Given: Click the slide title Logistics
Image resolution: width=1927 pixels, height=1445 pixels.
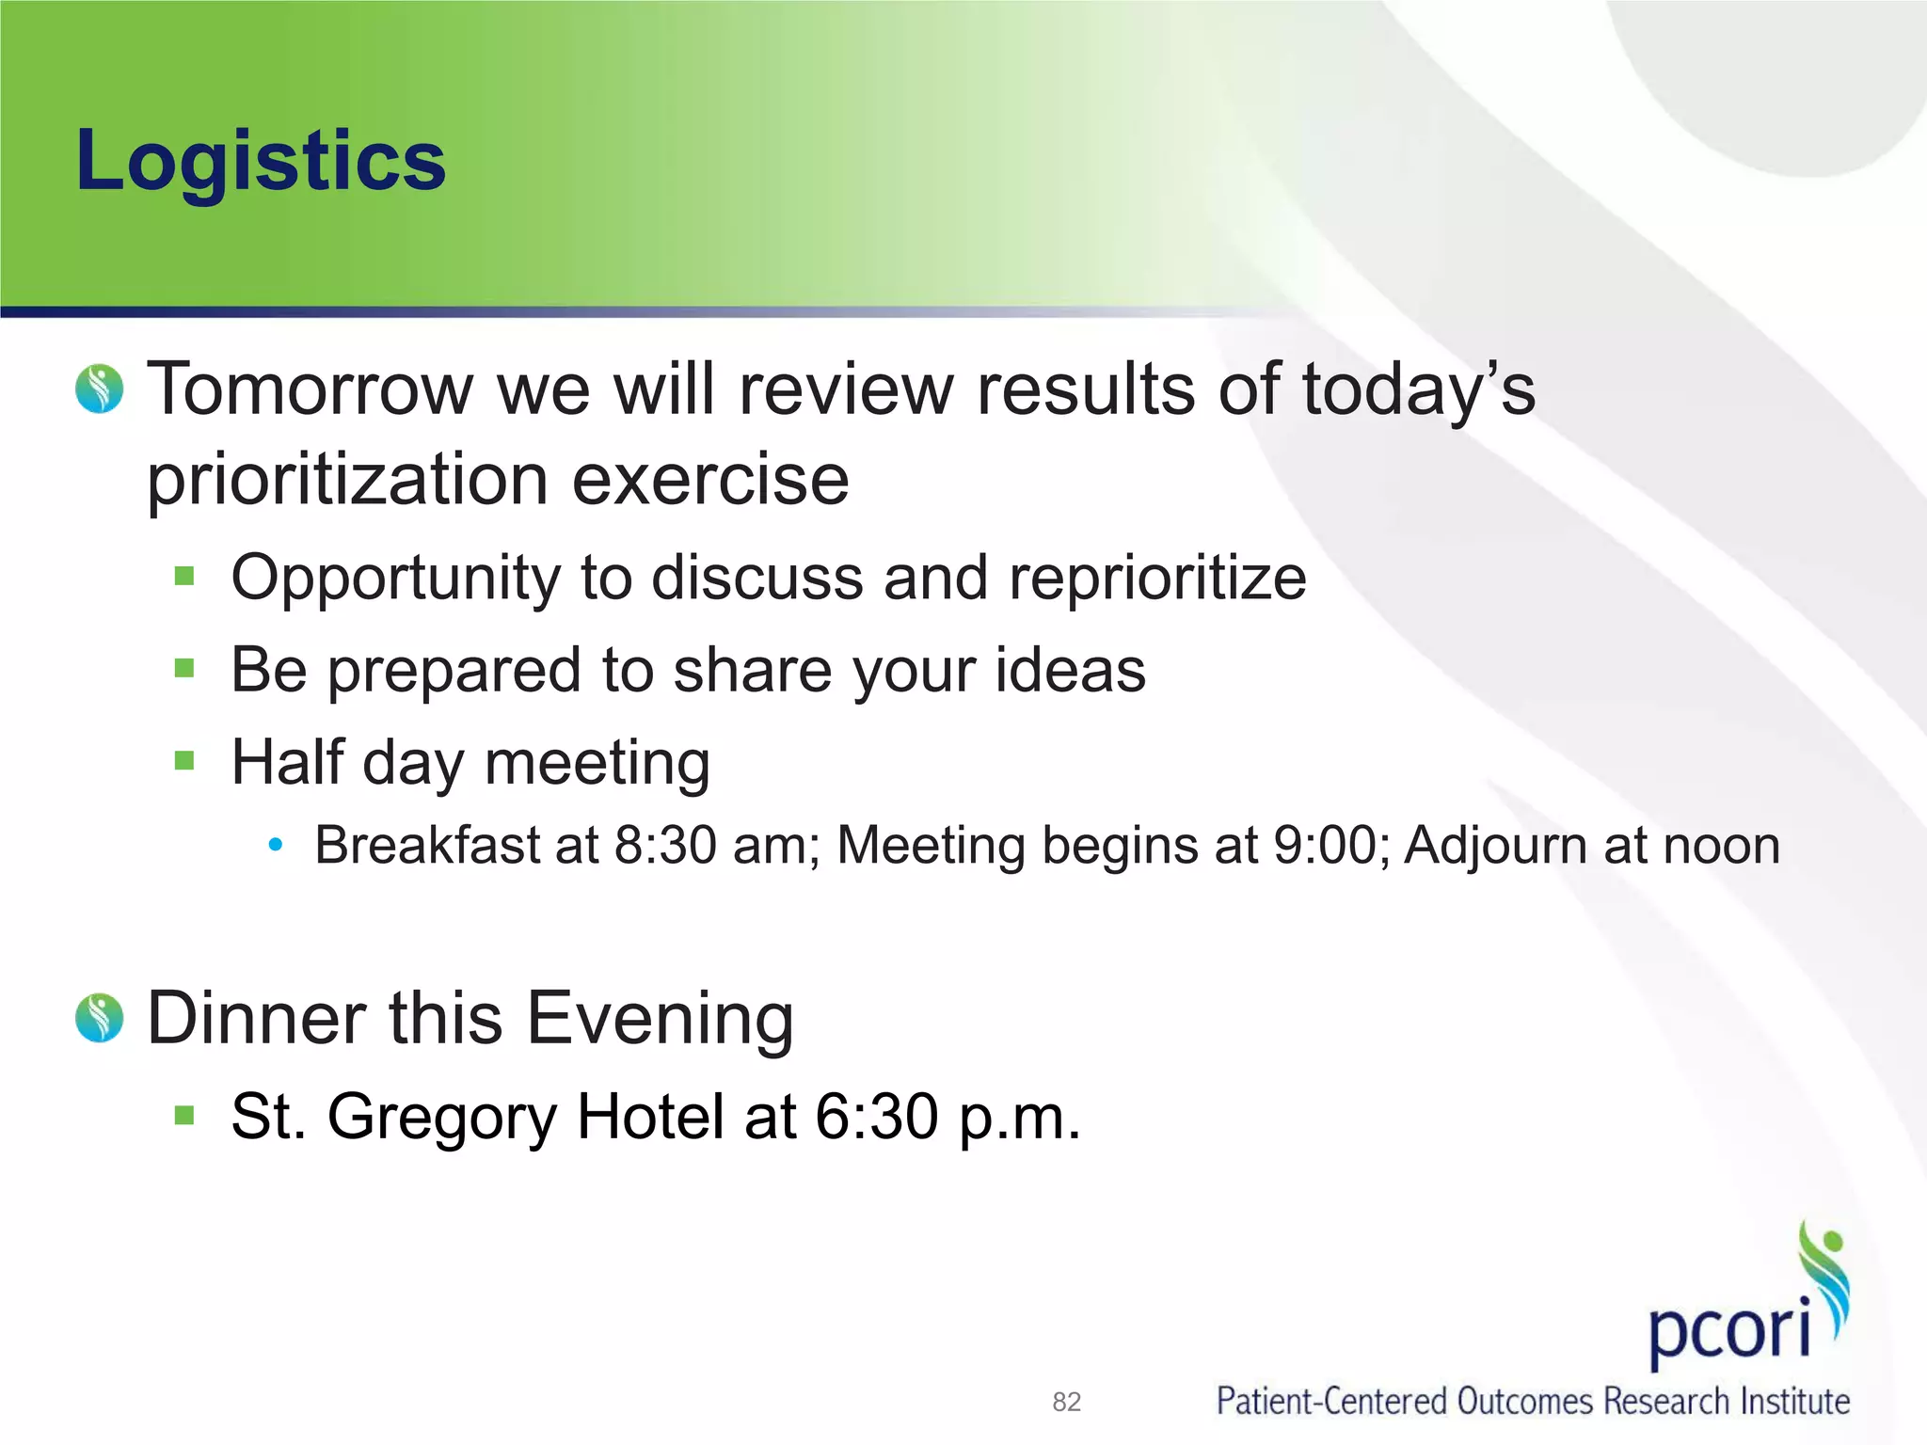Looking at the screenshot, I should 261,162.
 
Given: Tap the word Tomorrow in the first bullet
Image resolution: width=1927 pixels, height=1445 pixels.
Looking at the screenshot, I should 311,389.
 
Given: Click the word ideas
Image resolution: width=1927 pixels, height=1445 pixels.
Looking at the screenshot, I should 1071,671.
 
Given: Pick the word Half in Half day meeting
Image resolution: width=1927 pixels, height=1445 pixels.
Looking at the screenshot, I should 287,762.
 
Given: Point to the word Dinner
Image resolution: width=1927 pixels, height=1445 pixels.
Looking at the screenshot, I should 257,1019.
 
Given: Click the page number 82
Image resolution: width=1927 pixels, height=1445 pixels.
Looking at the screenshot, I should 1066,1403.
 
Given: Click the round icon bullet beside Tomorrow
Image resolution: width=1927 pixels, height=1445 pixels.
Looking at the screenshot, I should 100,389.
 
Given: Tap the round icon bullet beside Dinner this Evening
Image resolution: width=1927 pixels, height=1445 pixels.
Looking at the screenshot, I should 100,1018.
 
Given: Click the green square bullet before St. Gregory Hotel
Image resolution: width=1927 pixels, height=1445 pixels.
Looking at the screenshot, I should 184,1117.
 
